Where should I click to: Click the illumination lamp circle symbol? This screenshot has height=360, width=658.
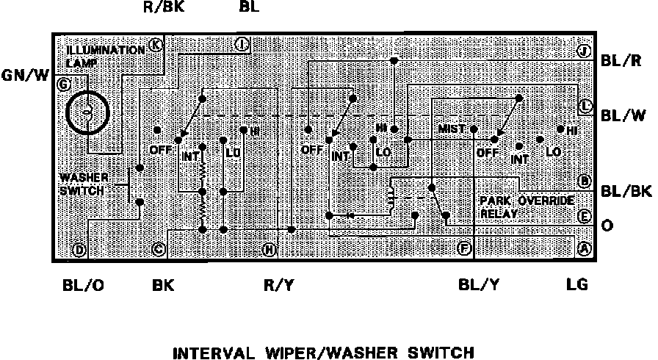coord(87,112)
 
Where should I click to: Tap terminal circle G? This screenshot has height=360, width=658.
coord(64,84)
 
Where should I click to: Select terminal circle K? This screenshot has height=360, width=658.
coord(155,45)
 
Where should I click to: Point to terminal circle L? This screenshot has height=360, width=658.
coord(585,106)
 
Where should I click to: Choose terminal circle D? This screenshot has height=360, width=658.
coord(79,251)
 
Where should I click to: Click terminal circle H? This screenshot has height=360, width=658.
coord(269,251)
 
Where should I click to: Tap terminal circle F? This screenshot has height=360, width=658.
coord(464,248)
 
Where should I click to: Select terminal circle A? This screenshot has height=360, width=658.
coord(585,249)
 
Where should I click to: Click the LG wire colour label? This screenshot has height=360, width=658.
coord(577,284)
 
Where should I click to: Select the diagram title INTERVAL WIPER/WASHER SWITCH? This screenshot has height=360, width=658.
coord(323,353)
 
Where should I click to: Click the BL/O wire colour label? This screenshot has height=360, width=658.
coord(83,284)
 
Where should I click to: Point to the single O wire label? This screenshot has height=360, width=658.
coord(607,225)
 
